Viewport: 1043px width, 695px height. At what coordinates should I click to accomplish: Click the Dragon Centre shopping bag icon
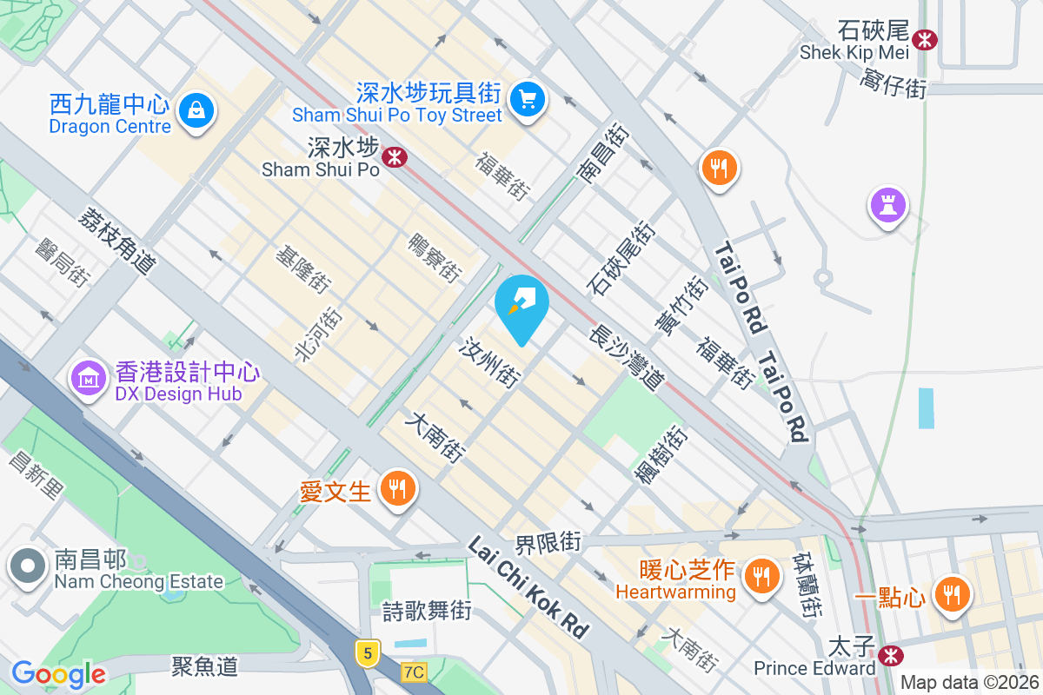[197, 110]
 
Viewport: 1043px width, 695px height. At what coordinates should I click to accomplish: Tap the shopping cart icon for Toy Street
[527, 98]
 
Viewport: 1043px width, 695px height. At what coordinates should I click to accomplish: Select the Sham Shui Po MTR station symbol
[395, 157]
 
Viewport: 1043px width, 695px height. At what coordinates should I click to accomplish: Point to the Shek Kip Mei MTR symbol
[925, 38]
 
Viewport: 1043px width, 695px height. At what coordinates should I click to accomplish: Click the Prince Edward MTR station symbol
[889, 654]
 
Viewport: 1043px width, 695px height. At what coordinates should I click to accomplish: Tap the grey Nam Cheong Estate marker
[28, 566]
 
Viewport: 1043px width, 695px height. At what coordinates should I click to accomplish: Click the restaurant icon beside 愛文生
[397, 489]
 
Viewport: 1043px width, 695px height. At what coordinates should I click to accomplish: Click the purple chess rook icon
[887, 205]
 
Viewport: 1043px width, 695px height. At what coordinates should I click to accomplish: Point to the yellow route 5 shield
[368, 652]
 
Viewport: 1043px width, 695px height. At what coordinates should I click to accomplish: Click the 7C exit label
[415, 672]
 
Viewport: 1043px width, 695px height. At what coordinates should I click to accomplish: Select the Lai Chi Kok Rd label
[528, 587]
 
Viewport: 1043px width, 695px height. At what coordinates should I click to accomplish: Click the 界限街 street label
[548, 543]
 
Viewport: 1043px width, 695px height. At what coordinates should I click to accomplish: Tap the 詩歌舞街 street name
[428, 611]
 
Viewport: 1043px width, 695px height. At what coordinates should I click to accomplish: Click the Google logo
[58, 673]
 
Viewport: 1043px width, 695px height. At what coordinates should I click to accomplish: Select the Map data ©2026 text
[968, 682]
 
